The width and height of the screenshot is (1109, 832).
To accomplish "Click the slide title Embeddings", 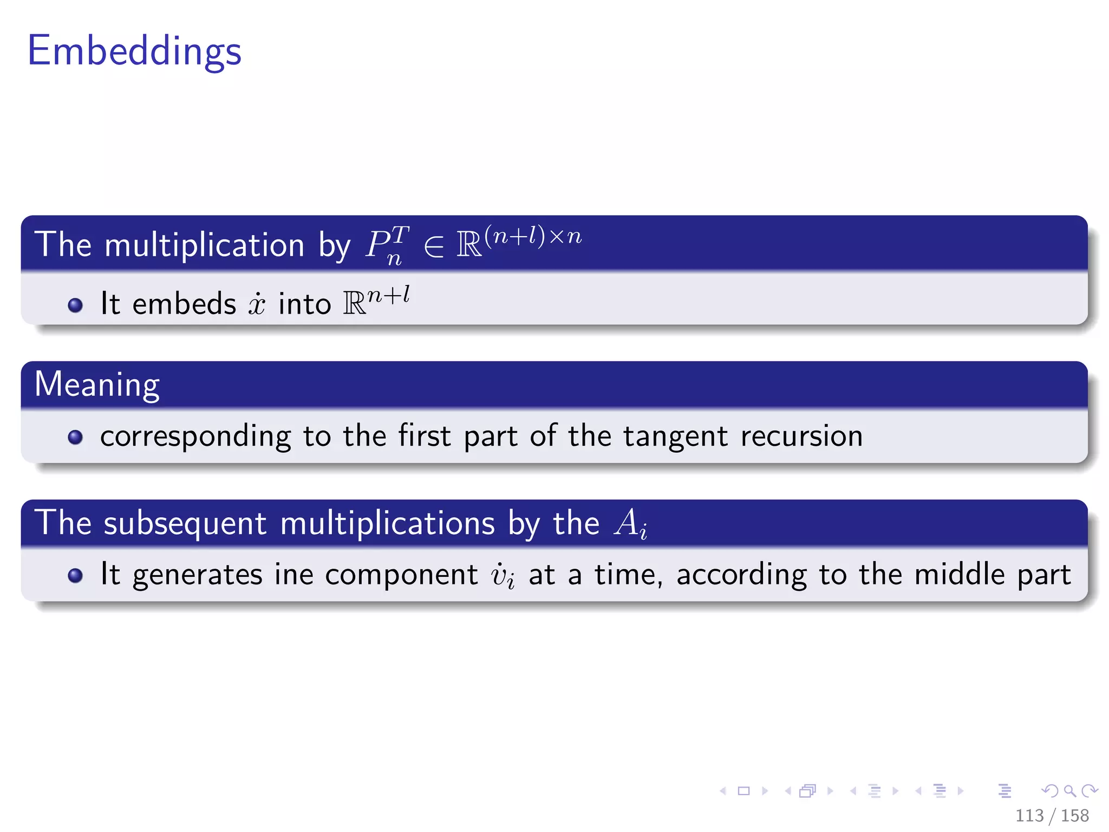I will pyautogui.click(x=134, y=51).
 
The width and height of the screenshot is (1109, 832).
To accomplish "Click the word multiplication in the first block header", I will pyautogui.click(x=205, y=245).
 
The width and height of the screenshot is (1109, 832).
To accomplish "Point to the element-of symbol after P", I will pyautogui.click(x=433, y=246).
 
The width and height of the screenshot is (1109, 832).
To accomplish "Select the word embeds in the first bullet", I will pyautogui.click(x=184, y=303).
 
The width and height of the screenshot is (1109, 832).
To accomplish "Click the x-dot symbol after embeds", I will pyautogui.click(x=257, y=304).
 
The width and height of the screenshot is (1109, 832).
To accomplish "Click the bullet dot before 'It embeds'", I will pyautogui.click(x=75, y=305).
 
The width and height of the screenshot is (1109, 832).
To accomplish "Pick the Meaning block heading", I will pyautogui.click(x=97, y=385).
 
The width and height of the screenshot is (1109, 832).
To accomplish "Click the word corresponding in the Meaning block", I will pyautogui.click(x=195, y=437).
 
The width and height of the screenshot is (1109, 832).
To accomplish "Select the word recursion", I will pyautogui.click(x=801, y=435).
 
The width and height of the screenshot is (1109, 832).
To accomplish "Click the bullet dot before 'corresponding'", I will pyautogui.click(x=75, y=437).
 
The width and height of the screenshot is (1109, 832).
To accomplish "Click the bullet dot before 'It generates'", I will pyautogui.click(x=75, y=575).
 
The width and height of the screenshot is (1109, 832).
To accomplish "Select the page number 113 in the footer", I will pyautogui.click(x=1029, y=815).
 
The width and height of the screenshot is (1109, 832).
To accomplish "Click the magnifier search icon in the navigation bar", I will pyautogui.click(x=1069, y=791).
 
